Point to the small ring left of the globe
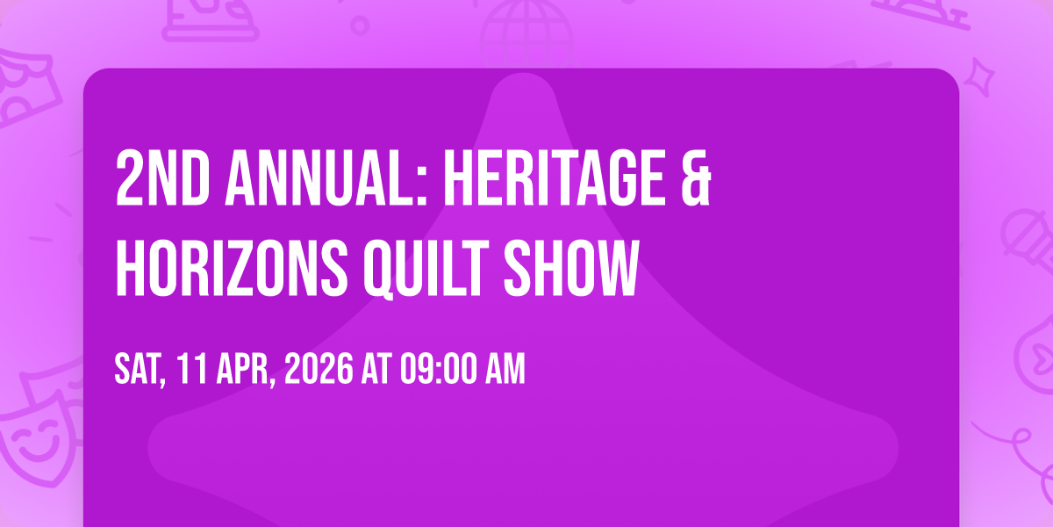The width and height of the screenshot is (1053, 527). click(359, 24)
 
